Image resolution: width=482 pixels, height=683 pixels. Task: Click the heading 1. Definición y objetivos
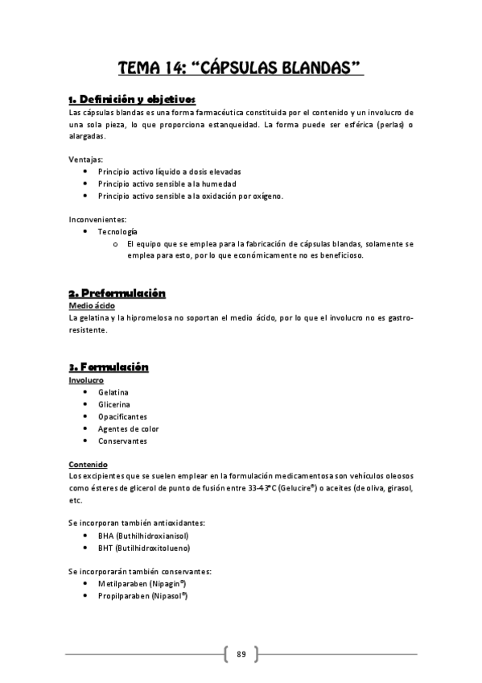[x=132, y=99]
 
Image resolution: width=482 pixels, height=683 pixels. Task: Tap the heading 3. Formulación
[x=109, y=367]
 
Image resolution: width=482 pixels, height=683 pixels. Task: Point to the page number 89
[x=241, y=653]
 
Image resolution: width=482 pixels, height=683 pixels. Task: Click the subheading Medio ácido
[x=93, y=306]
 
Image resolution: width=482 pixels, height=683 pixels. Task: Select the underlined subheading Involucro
[x=86, y=379]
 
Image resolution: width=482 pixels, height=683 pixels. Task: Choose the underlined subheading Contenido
[x=89, y=465]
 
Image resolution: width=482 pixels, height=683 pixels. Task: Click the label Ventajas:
[x=86, y=159]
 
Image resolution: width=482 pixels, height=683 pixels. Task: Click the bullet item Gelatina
[x=113, y=392]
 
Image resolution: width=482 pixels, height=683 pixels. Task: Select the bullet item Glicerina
[x=114, y=404]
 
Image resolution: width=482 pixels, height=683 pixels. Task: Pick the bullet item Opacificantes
[x=122, y=416]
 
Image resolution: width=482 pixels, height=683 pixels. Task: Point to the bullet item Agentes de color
[x=129, y=428]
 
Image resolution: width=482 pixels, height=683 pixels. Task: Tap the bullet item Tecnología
[x=118, y=231]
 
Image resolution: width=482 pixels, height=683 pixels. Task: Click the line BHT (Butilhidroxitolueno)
[x=144, y=548]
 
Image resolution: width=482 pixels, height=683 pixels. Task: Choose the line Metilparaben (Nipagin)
[x=142, y=583]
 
